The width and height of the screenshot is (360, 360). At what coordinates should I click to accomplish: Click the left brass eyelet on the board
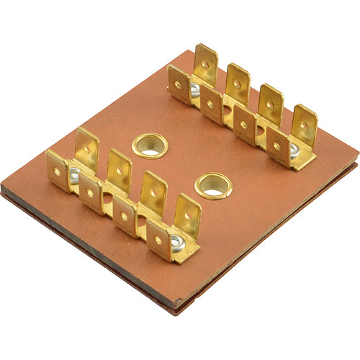pyautogui.click(x=150, y=145)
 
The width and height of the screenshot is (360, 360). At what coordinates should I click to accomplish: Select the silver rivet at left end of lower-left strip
pyautogui.click(x=73, y=175)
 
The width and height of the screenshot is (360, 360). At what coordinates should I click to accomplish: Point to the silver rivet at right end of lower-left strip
pyautogui.click(x=176, y=240)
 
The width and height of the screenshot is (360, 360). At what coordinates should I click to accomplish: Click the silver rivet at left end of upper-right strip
pyautogui.click(x=194, y=90)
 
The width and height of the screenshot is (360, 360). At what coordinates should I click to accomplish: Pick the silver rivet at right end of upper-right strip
pyautogui.click(x=294, y=151)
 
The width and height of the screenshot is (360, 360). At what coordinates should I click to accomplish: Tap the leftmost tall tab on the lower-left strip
pyautogui.click(x=86, y=149)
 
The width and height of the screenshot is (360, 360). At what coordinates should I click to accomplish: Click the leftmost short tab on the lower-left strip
pyautogui.click(x=57, y=171)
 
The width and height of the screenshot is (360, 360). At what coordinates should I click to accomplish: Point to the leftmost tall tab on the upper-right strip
pyautogui.click(x=205, y=65)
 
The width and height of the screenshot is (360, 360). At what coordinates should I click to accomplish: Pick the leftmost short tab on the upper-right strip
pyautogui.click(x=179, y=85)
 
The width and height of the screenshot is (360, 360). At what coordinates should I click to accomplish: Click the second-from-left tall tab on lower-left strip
pyautogui.click(x=119, y=171)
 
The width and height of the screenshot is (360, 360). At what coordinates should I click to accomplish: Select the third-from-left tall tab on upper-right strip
pyautogui.click(x=270, y=105)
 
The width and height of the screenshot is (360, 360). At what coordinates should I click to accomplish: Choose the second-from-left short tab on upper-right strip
pyautogui.click(x=211, y=105)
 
